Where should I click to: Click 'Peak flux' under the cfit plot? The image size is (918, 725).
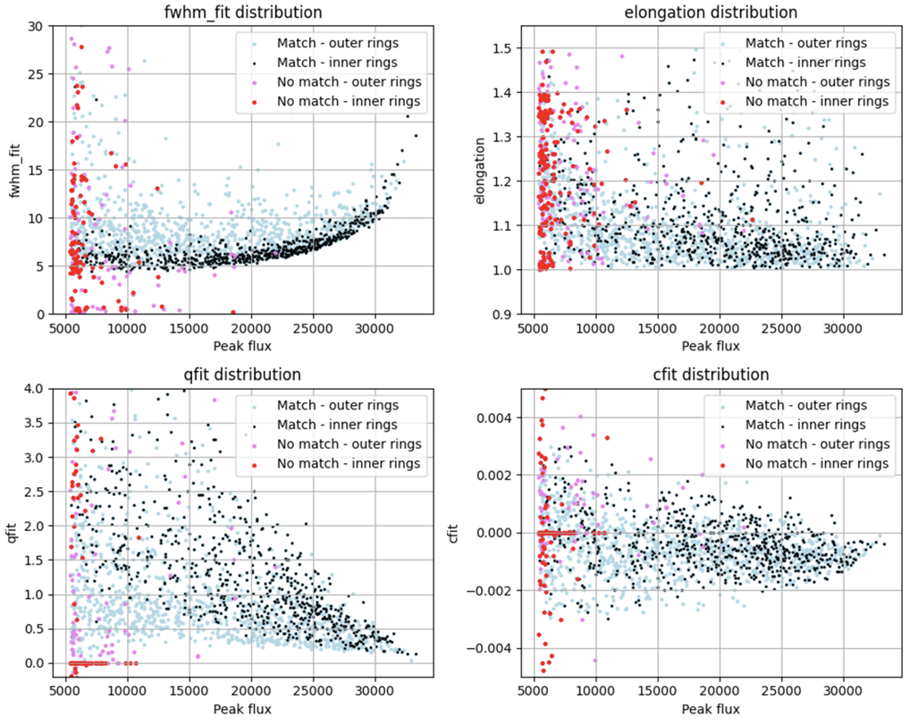click(x=711, y=710)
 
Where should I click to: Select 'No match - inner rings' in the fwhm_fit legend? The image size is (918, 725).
click(x=349, y=101)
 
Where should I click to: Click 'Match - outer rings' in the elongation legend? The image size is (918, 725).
click(x=804, y=43)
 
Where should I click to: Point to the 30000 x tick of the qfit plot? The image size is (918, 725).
click(x=375, y=691)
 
